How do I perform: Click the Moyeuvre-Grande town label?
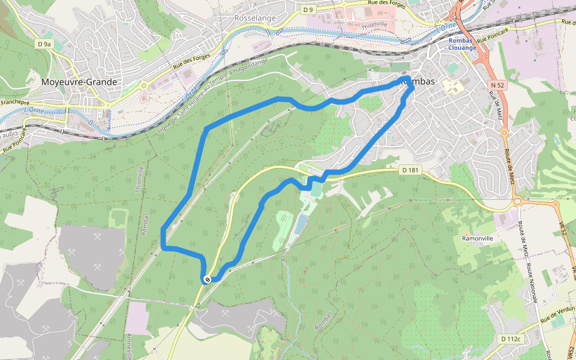coord(79,82)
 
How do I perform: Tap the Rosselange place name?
coord(255,18)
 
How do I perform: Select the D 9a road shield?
coord(44,44)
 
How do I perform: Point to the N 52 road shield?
coord(497,86)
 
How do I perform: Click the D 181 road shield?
coord(410,170)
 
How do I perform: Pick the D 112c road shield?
coord(511,339)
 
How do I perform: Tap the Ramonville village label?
coord(477,238)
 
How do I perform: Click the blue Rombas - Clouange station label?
coord(462,44)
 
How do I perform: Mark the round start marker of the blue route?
coord(206,279)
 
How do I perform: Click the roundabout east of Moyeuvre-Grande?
coord(144,85)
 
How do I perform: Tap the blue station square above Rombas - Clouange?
coord(461,34)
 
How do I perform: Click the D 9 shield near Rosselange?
coord(308,10)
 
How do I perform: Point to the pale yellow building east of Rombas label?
coord(453,87)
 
